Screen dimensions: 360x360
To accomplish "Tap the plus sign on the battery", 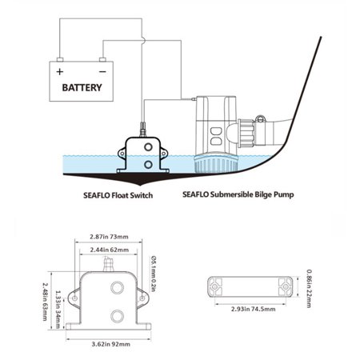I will point(59,70).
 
